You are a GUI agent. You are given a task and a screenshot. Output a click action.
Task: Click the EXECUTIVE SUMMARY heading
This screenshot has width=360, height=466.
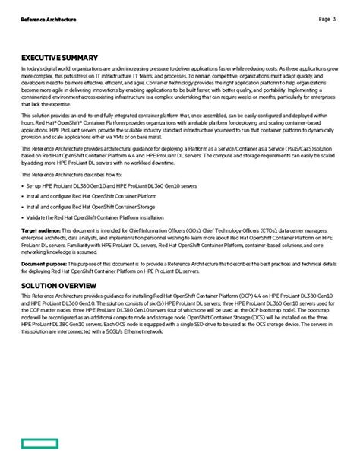(x=59, y=57)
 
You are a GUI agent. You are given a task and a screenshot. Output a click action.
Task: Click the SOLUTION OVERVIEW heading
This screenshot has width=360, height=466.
(x=59, y=286)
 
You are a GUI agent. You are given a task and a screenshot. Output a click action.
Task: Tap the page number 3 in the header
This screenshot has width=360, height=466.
(x=335, y=18)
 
